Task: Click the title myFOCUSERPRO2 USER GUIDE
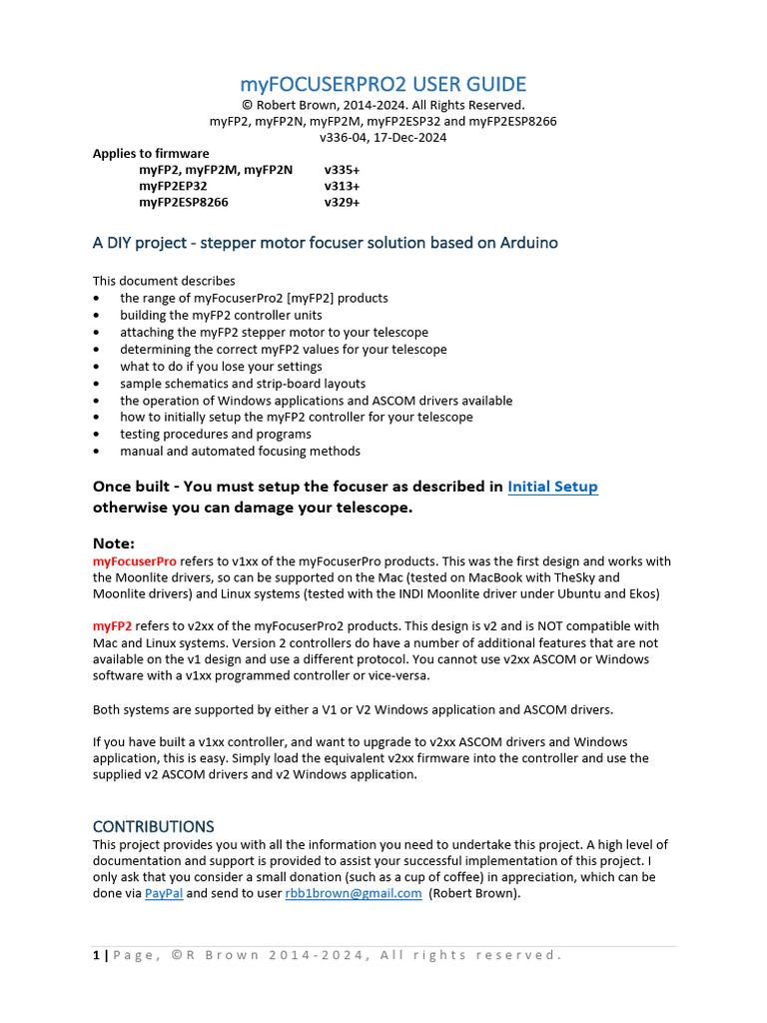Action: (383, 84)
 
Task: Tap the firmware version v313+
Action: (342, 186)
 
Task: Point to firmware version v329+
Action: (342, 202)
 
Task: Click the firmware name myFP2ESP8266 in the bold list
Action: (184, 202)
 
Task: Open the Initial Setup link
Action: (552, 487)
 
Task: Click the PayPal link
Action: (163, 893)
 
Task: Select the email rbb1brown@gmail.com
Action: (353, 893)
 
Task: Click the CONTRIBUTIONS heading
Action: (153, 826)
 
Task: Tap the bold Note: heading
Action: (113, 543)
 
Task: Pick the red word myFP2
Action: (112, 625)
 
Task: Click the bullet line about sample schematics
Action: (243, 384)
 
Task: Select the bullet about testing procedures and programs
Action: (216, 435)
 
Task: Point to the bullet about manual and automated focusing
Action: (240, 452)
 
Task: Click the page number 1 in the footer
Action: (96, 955)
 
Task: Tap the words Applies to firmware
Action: (151, 153)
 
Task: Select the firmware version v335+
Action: (342, 170)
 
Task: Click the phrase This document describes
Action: (164, 281)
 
